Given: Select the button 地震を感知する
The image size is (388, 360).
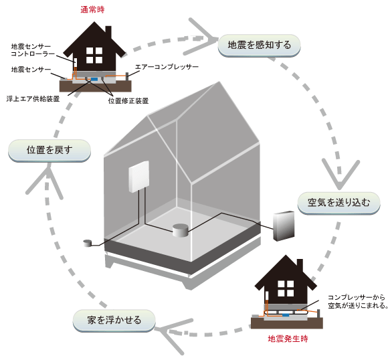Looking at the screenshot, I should point(260,46).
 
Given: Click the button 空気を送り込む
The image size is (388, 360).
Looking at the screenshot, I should point(338,201).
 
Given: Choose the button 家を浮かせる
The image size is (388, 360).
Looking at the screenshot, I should point(114,320).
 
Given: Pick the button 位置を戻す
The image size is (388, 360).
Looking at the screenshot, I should point(49,150).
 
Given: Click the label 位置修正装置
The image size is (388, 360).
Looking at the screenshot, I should point(128,100).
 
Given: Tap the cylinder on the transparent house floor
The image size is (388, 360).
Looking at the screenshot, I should point(180,232).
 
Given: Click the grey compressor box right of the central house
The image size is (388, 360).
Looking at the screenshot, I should point(284,226).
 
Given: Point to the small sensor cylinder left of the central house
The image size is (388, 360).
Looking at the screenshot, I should point(87,243).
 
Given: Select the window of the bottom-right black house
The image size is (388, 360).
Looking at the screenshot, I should point(286,288).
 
